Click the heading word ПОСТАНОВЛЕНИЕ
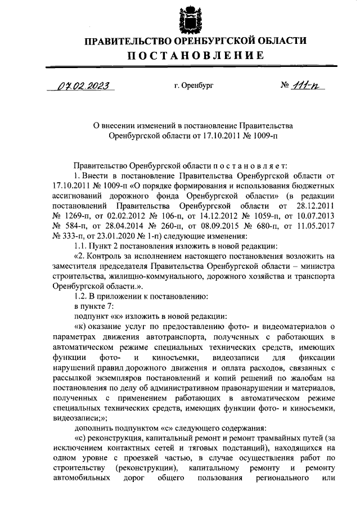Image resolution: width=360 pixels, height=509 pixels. click(x=195, y=55)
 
